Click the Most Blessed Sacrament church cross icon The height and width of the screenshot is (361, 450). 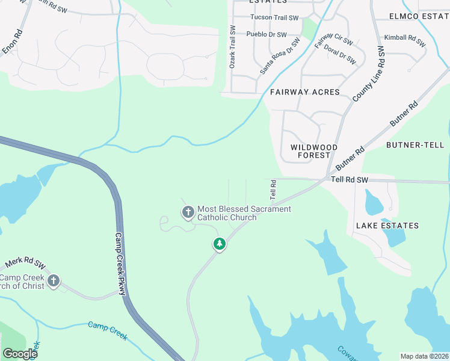188,211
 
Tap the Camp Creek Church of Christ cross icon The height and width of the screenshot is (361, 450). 54,280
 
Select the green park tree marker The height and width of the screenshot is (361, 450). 220,244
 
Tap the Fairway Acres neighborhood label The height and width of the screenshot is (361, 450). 304,92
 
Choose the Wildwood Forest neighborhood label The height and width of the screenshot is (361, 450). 313,151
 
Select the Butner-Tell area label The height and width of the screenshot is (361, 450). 415,145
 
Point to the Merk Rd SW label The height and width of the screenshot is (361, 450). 25,264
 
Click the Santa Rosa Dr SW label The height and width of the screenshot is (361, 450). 279,56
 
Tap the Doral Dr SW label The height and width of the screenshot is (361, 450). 339,54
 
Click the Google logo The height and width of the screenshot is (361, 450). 20,354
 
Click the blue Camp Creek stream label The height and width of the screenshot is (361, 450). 108,330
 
